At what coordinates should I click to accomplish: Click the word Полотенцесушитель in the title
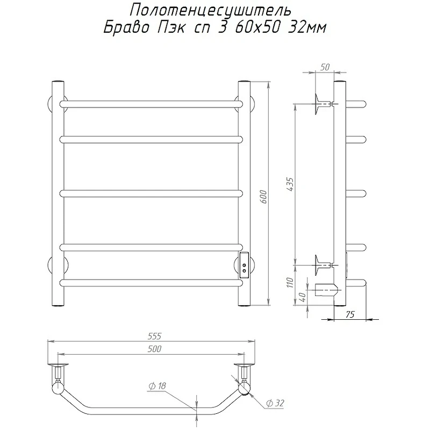point(210,10)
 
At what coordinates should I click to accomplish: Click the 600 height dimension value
point(263,196)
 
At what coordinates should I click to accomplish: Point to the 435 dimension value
point(290,184)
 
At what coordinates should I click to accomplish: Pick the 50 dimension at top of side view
point(325,67)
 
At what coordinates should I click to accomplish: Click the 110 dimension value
point(290,283)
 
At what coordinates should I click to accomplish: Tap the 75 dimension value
point(350,314)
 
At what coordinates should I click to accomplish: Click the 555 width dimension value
point(154,335)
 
